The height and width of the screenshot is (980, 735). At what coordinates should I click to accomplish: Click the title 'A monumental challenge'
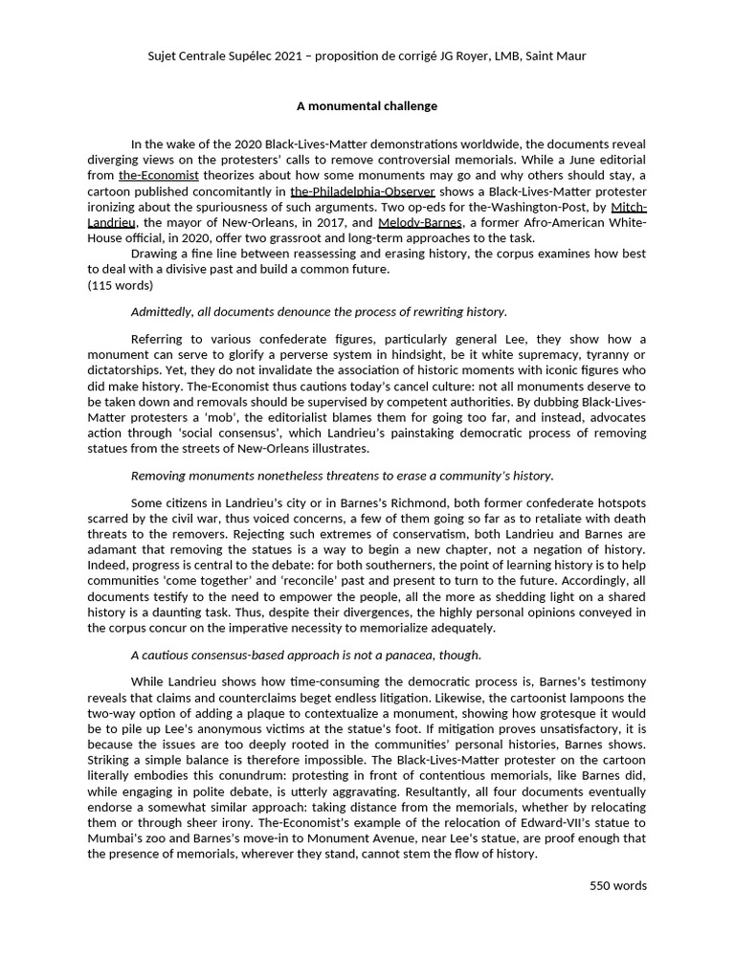(367, 106)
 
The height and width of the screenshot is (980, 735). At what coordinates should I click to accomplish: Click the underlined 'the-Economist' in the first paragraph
(159, 176)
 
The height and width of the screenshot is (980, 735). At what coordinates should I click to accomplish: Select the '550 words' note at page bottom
(617, 885)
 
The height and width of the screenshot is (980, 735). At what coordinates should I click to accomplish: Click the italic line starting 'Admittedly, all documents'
(319, 312)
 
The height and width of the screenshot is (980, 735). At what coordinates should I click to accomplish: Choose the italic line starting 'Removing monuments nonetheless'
(342, 476)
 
